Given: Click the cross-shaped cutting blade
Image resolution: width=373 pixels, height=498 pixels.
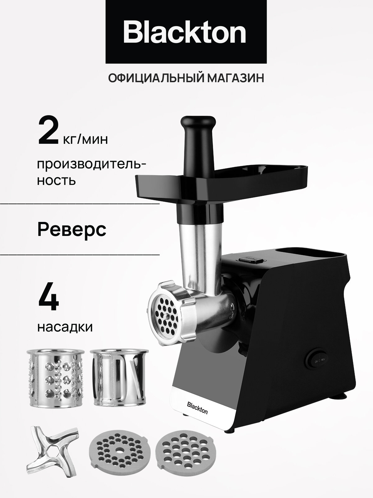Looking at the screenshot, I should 51,455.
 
